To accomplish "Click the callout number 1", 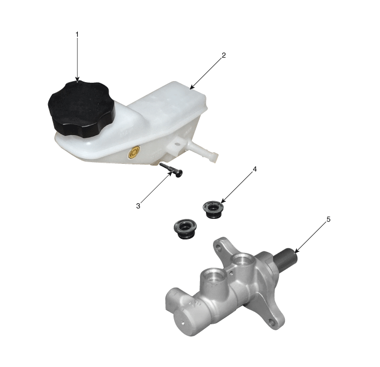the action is coord(77,35).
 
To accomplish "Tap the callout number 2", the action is coord(223,55).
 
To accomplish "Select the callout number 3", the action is coord(138,206).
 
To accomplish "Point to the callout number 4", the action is coord(255,169).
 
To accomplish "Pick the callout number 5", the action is coord(329,219).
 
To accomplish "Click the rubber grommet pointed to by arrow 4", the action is coord(213,209).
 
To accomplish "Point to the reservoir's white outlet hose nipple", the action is coord(204,151).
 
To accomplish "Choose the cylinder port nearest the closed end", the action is coord(212,276).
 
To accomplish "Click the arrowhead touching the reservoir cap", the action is coord(77,80).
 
